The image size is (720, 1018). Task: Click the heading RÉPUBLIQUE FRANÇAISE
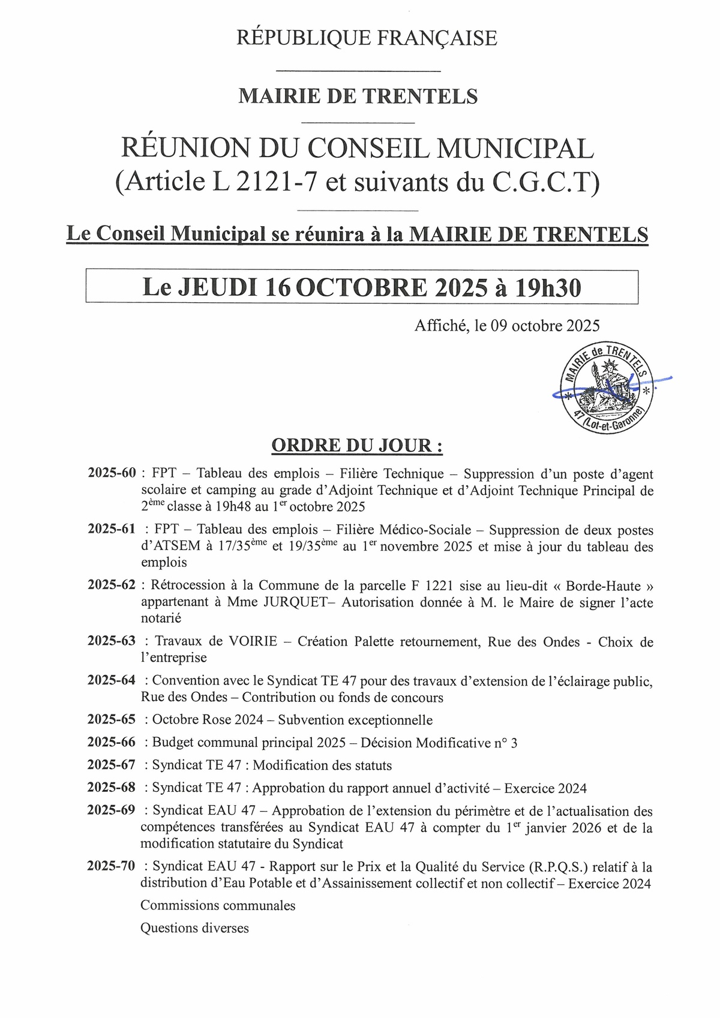pyautogui.click(x=367, y=38)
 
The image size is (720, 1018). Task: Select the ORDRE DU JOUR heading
pyautogui.click(x=357, y=446)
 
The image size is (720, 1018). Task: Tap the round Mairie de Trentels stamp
pyautogui.click(x=607, y=388)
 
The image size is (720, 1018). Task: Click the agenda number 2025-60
pyautogui.click(x=112, y=473)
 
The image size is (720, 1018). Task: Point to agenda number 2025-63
pyautogui.click(x=112, y=641)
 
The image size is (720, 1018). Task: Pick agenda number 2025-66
pyautogui.click(x=112, y=742)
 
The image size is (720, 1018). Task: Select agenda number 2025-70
pyautogui.click(x=112, y=866)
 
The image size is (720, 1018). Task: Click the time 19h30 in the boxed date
pyautogui.click(x=548, y=288)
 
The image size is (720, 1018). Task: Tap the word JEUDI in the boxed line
pyautogui.click(x=219, y=288)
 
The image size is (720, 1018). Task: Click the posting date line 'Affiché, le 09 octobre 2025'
pyautogui.click(x=507, y=326)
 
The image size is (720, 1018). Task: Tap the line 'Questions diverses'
pyautogui.click(x=194, y=928)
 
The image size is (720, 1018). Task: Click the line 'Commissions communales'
pyautogui.click(x=218, y=905)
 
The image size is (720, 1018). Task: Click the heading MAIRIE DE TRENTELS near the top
pyautogui.click(x=358, y=96)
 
